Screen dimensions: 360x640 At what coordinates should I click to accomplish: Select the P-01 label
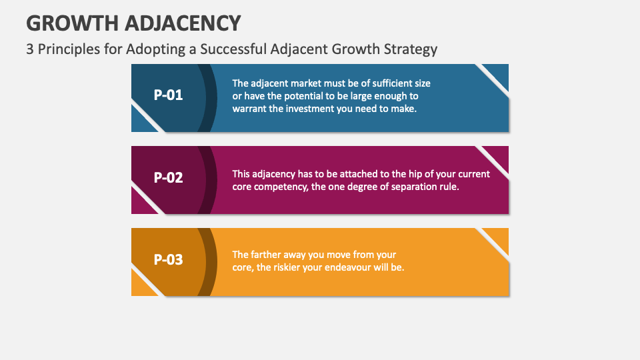pos(168,95)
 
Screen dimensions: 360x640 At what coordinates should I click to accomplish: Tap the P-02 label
pos(168,177)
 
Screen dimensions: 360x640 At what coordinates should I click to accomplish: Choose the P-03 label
pos(168,259)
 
